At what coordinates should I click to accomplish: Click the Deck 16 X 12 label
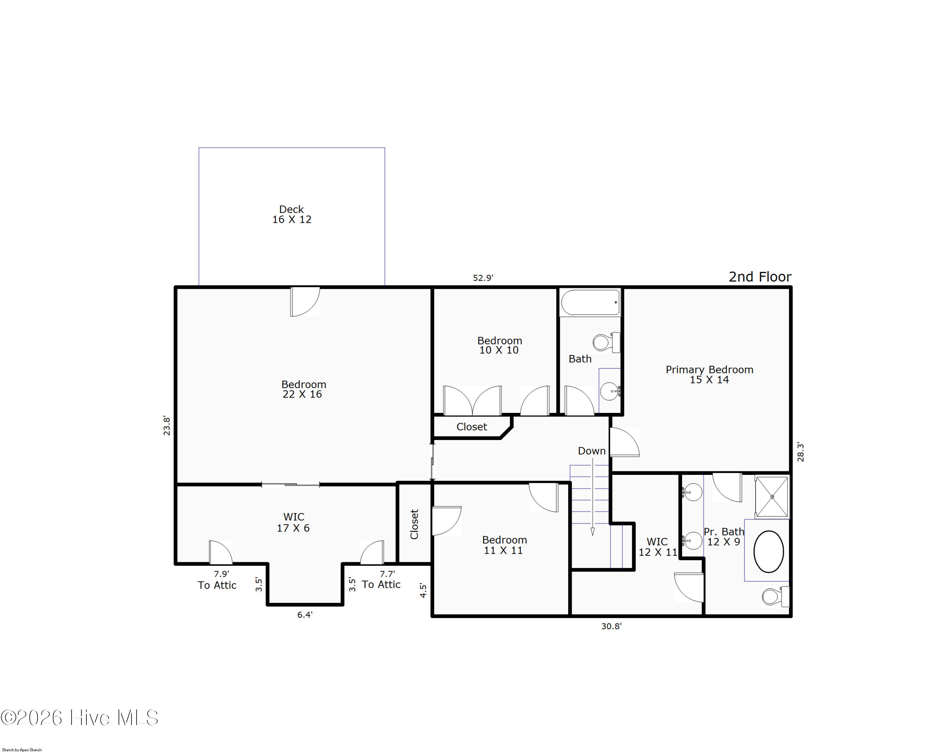pyautogui.click(x=292, y=214)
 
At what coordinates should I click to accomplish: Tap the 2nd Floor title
pyautogui.click(x=760, y=277)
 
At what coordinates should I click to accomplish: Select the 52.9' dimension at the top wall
pyautogui.click(x=483, y=277)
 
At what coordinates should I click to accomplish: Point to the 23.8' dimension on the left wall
pyautogui.click(x=167, y=425)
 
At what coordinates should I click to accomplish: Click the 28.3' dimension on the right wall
pyautogui.click(x=800, y=452)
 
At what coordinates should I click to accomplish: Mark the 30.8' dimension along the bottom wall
pyautogui.click(x=611, y=626)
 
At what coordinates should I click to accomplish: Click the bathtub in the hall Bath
pyautogui.click(x=590, y=302)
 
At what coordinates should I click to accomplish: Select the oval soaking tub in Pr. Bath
pyautogui.click(x=769, y=551)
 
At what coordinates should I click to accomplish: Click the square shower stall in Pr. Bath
pyautogui.click(x=772, y=497)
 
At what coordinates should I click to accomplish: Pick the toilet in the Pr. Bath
pyautogui.click(x=775, y=596)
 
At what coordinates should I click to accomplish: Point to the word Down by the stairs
pyautogui.click(x=592, y=451)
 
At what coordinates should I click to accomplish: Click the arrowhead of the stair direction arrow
pyautogui.click(x=593, y=532)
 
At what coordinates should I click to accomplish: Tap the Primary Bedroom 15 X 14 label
pyautogui.click(x=709, y=375)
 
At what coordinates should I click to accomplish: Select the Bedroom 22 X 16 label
pyautogui.click(x=304, y=389)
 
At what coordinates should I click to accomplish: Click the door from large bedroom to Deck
pyautogui.click(x=305, y=302)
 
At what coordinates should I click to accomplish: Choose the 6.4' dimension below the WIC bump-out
pyautogui.click(x=305, y=615)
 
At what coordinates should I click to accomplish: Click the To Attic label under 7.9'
pyautogui.click(x=217, y=585)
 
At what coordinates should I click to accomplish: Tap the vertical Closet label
pyautogui.click(x=414, y=524)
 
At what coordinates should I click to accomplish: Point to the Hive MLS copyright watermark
pyautogui.click(x=80, y=717)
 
